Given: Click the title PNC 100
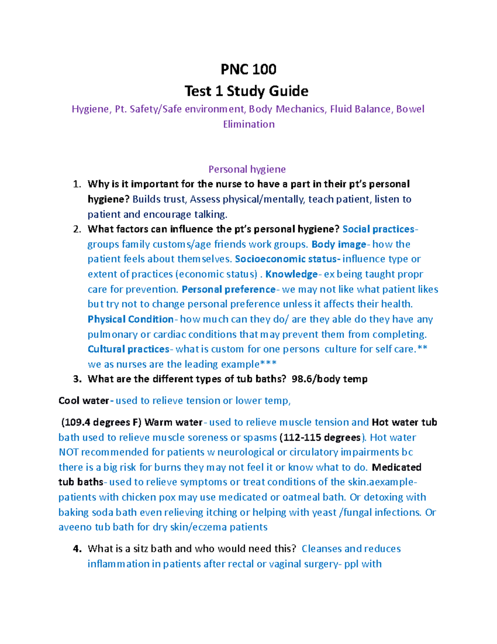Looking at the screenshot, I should [x=248, y=69].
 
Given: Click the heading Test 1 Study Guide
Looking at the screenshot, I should [x=246, y=91].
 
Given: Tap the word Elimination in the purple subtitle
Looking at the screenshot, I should [x=248, y=124].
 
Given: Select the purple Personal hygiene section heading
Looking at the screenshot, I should [x=247, y=169].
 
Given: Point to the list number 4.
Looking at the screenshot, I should [x=77, y=549].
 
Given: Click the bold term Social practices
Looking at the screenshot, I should [x=378, y=229].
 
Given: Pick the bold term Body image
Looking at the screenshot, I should [x=338, y=244].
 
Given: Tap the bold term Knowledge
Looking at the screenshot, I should [x=291, y=274].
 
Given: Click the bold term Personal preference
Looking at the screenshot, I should [x=228, y=289].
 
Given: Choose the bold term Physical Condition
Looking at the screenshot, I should [x=130, y=319].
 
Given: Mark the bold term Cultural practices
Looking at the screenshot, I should [x=128, y=349].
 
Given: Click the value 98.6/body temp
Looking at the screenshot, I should [x=329, y=379].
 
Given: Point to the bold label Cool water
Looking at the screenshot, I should [x=84, y=401].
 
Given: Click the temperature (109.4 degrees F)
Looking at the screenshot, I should [x=101, y=422].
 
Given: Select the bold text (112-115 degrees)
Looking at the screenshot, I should [x=321, y=437].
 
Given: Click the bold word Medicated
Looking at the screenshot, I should [x=396, y=467].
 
